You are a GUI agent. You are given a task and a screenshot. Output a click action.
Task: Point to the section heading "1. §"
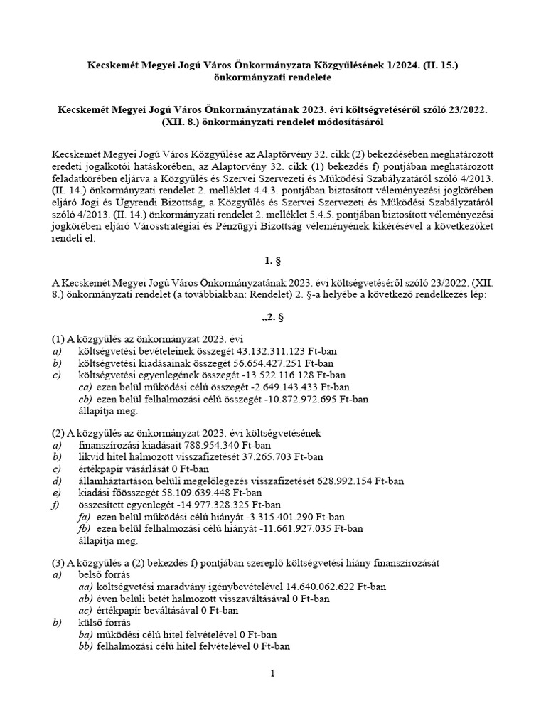pyautogui.click(x=273, y=260)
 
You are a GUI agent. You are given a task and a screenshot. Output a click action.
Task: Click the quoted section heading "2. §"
pyautogui.click(x=273, y=318)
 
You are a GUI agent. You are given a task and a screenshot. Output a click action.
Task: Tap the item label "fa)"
pyautogui.click(x=85, y=517)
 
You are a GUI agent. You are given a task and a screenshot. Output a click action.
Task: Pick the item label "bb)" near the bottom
pyautogui.click(x=86, y=646)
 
